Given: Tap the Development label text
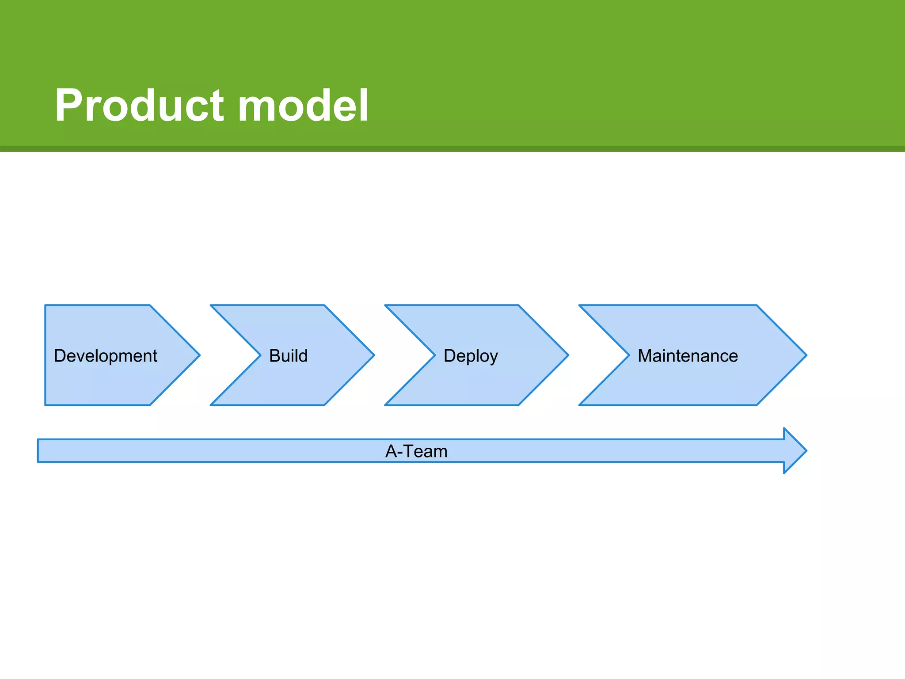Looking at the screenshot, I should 105,356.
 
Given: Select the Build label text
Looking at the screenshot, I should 288,356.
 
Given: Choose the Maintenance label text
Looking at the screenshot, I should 688,356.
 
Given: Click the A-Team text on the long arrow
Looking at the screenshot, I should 416,451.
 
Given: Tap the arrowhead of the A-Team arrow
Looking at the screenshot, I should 795,450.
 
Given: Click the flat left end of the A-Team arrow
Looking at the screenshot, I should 39,450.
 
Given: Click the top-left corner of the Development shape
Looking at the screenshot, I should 46,306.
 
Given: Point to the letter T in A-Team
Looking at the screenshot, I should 408,451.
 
